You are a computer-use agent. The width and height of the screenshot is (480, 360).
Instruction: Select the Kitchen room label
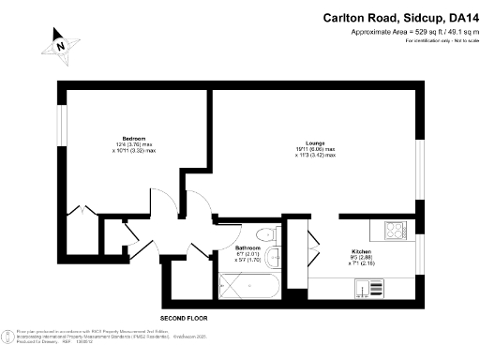point(362,252)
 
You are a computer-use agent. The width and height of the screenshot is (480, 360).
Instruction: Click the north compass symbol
point(60,44)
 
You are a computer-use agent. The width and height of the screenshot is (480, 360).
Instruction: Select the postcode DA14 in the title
point(463,16)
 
